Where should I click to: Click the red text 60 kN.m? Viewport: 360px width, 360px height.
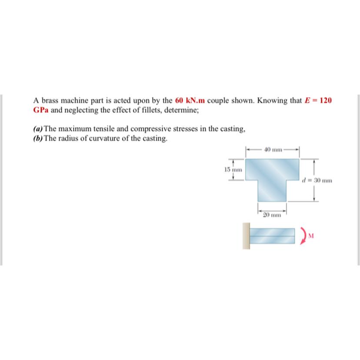point(190,100)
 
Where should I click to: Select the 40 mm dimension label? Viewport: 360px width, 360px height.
point(273,150)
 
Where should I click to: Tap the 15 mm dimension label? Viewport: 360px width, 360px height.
point(233,170)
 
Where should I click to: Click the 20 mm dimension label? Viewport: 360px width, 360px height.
point(272,214)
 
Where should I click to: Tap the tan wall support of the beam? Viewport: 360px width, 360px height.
point(247,236)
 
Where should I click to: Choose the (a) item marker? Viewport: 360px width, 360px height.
point(38,129)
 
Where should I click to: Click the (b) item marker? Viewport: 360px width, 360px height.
point(38,139)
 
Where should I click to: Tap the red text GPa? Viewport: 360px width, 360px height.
point(41,110)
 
